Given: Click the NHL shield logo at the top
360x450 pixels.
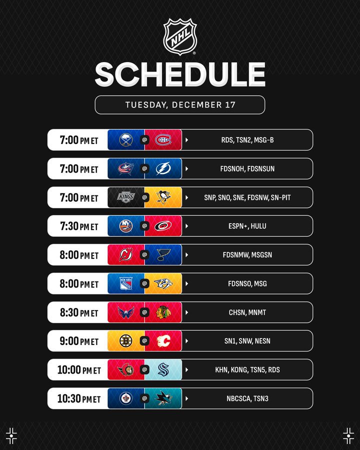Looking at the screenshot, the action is coord(180,36).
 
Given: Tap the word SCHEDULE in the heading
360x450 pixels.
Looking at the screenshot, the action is coord(180,74).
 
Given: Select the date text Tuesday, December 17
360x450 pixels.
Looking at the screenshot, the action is coord(180,105).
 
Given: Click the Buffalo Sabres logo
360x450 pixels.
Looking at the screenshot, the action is coord(125,140).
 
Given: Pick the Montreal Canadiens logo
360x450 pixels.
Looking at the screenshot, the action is coord(163,140).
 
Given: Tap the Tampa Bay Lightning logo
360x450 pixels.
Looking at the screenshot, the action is coord(163,168).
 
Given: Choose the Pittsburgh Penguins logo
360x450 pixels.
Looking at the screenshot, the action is coord(163,197).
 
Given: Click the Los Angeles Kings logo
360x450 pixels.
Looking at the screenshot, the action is coord(125,197).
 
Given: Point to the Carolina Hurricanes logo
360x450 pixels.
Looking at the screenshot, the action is coord(163,226).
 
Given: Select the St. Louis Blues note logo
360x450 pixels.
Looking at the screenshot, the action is coord(163,254).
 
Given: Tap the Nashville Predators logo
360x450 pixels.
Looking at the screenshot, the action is coord(163,283).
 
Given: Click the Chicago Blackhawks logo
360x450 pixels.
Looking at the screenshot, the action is coord(163,312).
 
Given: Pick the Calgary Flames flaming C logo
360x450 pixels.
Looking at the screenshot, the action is coord(163,341).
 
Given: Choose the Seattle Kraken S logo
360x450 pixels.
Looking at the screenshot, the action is coord(163,369).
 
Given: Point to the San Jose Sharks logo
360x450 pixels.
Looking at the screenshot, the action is coord(163,398).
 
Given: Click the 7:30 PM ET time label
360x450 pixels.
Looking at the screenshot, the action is coord(79,226).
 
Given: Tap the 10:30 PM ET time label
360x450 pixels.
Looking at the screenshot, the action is coord(79,398).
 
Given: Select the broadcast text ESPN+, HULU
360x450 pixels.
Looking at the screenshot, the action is coord(247,226).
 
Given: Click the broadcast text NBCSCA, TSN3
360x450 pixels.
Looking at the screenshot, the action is coord(247,398).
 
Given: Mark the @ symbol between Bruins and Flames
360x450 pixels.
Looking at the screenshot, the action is coord(144,341).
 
